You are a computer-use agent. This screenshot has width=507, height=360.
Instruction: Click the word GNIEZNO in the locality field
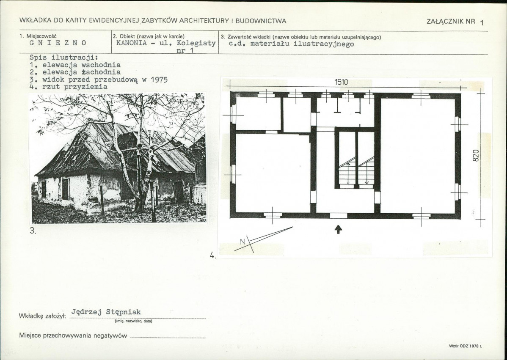click(x=58, y=43)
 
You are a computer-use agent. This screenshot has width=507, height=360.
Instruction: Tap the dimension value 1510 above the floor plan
click(x=342, y=82)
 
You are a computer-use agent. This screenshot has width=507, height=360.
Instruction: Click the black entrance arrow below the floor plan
click(x=338, y=229)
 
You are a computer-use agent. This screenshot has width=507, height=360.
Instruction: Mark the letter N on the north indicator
click(x=243, y=241)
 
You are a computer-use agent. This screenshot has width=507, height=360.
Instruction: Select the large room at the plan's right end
click(x=418, y=156)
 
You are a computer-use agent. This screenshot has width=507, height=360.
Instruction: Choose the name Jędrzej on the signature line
click(x=86, y=312)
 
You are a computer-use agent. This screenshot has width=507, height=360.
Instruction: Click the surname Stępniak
click(x=124, y=312)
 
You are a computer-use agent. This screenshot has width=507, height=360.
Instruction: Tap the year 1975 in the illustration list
click(x=159, y=80)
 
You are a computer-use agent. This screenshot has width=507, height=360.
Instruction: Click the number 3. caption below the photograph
click(x=33, y=231)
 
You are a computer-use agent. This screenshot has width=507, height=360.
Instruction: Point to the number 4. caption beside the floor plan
click(x=212, y=255)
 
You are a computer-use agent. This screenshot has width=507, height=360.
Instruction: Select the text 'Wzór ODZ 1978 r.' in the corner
click(x=465, y=346)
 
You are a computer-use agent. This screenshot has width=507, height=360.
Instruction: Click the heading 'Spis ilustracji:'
click(x=64, y=58)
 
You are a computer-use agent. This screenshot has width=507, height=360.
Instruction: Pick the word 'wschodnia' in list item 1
click(x=101, y=65)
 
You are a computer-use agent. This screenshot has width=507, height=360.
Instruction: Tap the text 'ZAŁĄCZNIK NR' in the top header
click(x=451, y=21)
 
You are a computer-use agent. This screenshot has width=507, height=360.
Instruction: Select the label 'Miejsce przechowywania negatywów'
click(x=73, y=335)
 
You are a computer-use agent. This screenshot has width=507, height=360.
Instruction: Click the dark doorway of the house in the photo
click(x=178, y=191)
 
